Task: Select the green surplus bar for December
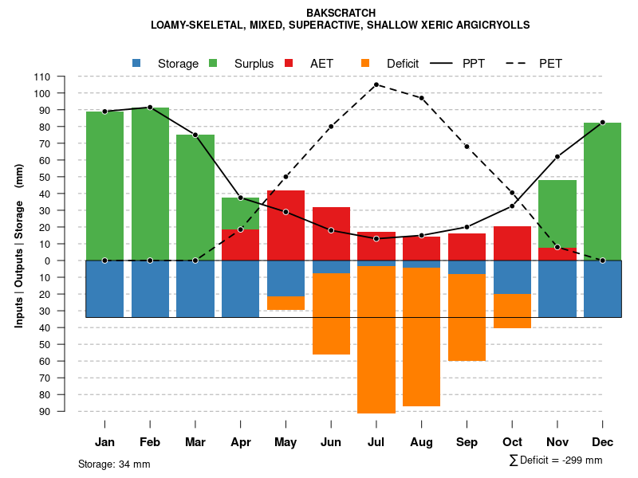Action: tap(602, 191)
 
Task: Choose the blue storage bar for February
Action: tap(150, 288)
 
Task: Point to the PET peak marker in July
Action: tap(376, 84)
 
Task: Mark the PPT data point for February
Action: tap(150, 107)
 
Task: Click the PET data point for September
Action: tap(467, 147)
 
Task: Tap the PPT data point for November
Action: tap(557, 156)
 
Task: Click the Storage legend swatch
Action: tap(137, 63)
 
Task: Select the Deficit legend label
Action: tap(403, 63)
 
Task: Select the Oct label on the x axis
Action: tap(512, 442)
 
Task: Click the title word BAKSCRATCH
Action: tap(341, 13)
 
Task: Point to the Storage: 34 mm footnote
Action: tap(114, 464)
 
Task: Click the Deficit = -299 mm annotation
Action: tap(556, 460)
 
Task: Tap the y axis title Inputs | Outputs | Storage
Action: tap(19, 245)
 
